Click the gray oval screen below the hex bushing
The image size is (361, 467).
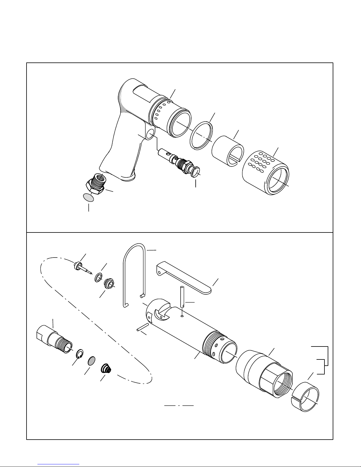[x=88, y=198]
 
